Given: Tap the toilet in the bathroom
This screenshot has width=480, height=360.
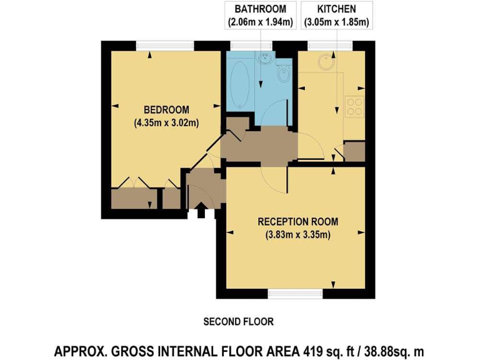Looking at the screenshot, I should coord(282,76).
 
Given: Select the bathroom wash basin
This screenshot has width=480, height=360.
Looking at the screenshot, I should coord(265,60).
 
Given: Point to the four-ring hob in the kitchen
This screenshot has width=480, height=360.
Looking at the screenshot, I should coord(354,107).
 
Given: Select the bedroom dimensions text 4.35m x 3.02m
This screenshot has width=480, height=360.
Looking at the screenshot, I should coord(166,122).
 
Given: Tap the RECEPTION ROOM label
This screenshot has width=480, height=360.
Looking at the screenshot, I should coord(297,222).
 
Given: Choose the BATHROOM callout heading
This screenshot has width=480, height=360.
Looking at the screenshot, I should coord(261,9).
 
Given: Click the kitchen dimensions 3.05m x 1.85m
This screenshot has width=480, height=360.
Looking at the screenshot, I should coord(336,22).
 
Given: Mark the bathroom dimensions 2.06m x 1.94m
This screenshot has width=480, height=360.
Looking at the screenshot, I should coord(261,22).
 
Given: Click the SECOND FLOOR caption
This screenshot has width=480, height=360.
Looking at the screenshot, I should coord(239,322).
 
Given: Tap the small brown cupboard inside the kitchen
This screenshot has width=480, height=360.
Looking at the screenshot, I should coord(354,152).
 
